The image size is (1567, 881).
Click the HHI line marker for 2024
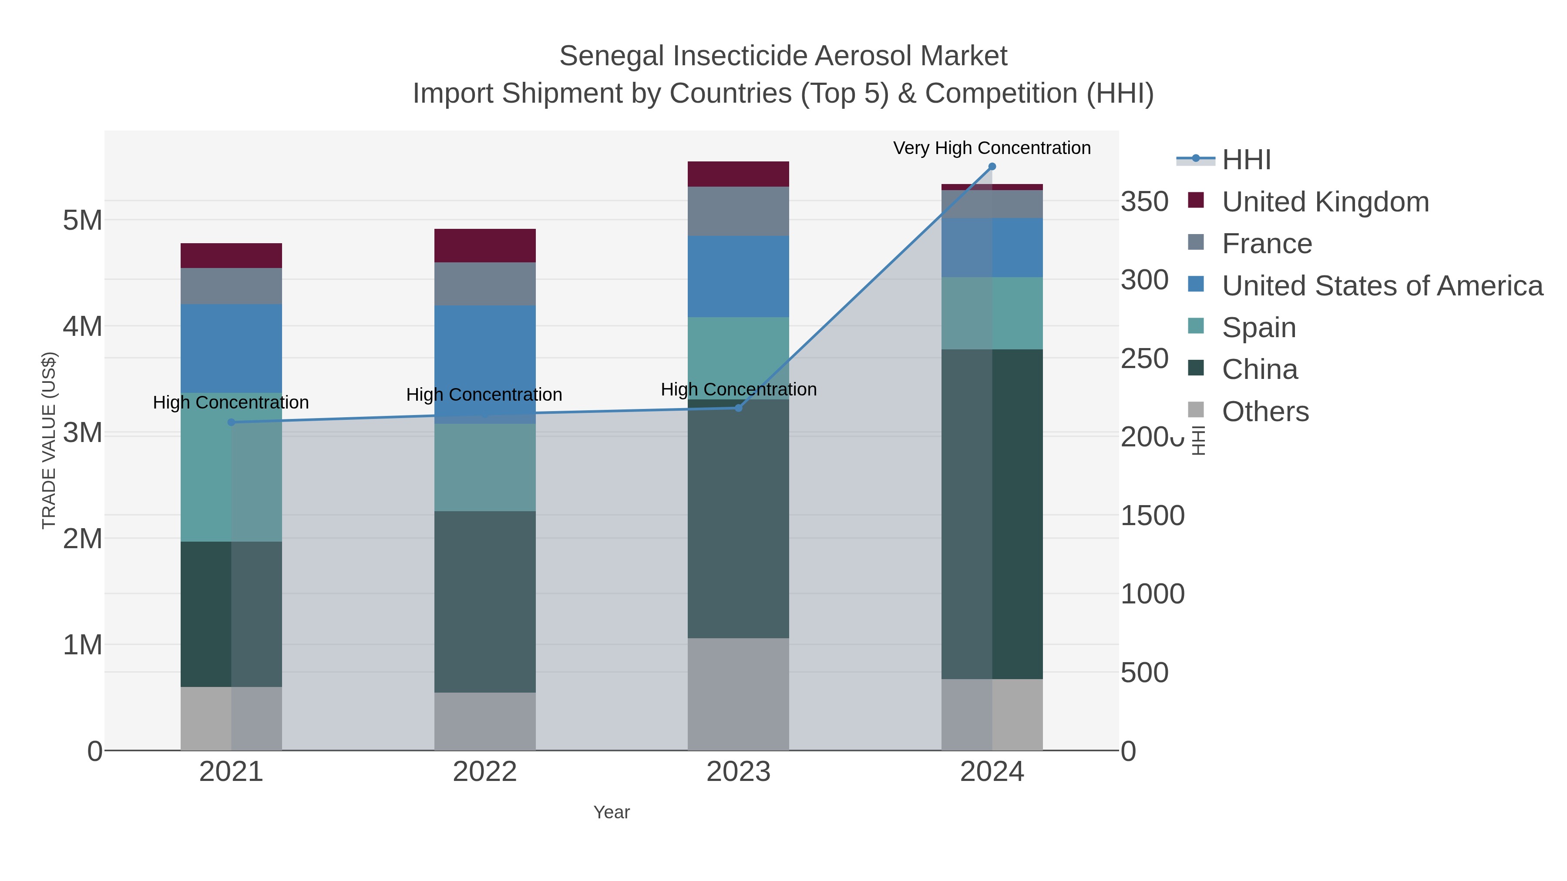(x=992, y=167)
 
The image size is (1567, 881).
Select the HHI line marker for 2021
(x=231, y=422)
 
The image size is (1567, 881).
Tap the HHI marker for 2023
(x=739, y=408)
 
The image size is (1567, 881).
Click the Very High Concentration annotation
(x=992, y=148)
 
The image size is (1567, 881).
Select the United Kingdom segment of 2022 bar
(x=485, y=246)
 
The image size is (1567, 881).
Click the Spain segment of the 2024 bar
(x=992, y=313)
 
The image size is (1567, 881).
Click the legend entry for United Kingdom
(x=1325, y=202)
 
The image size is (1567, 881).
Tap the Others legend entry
(x=1264, y=412)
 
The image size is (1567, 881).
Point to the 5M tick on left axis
(x=83, y=220)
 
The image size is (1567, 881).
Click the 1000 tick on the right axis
(x=1152, y=594)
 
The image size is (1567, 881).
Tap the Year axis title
(x=612, y=812)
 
